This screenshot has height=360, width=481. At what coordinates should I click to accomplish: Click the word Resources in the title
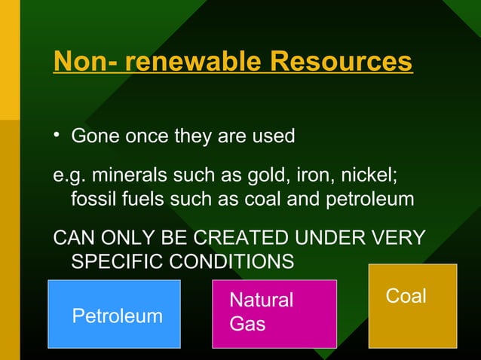[x=342, y=61]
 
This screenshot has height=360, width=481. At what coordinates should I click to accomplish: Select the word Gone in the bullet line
[x=94, y=137]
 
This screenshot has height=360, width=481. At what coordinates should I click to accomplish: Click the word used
[x=271, y=137]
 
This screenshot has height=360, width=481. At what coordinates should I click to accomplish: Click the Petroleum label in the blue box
[x=117, y=316]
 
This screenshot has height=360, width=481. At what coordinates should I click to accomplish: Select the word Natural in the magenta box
[x=261, y=301]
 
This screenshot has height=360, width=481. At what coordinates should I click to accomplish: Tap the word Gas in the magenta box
[x=247, y=324]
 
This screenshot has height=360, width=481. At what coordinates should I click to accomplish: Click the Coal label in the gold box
[x=406, y=297]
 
